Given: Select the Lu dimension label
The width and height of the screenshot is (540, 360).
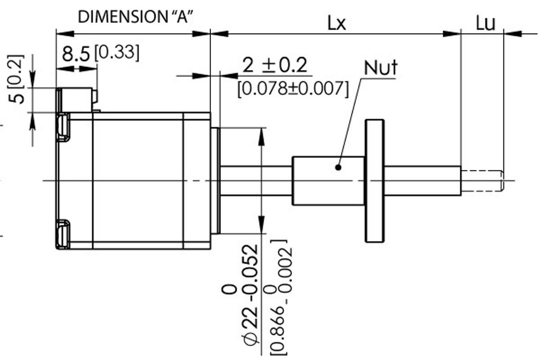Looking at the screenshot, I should tap(485, 23).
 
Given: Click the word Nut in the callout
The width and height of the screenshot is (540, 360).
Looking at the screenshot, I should tap(381, 68).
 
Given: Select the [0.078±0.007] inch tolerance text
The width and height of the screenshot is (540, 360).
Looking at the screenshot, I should tap(292, 89).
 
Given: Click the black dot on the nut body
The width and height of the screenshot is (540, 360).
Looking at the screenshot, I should tap(338, 167).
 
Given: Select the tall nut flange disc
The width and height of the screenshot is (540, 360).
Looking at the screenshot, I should tap(374, 180).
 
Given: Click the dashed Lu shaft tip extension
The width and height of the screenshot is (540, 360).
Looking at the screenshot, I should tap(482, 180).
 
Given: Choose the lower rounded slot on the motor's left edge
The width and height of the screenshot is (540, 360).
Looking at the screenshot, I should tap(62, 233).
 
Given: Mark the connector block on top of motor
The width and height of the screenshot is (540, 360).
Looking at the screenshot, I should tap(76, 99).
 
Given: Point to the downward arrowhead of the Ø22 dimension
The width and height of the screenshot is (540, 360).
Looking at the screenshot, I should tap(261, 228).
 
